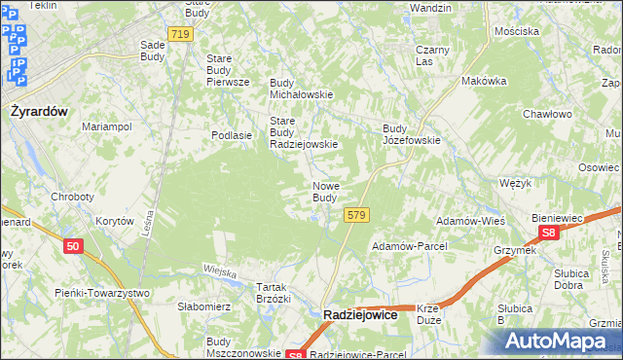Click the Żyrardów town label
[x=39, y=111]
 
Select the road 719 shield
[x=180, y=34]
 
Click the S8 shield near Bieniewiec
[x=549, y=234]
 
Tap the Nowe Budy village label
[x=325, y=192]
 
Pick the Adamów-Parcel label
[x=407, y=247]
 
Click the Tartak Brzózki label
[x=273, y=293]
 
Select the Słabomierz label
[x=202, y=306]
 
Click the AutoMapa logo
[x=557, y=341]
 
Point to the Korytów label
[x=115, y=222]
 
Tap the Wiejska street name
[x=220, y=272]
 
